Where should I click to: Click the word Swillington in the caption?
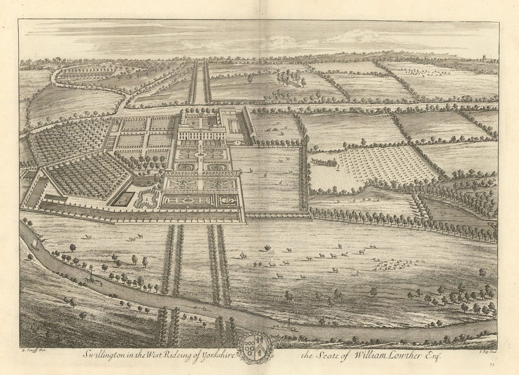pyautogui.click(x=103, y=354)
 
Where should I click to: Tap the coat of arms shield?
pyautogui.click(x=255, y=347)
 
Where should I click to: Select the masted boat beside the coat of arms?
pyautogui.click(x=285, y=325)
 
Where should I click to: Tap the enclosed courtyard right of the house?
pyautogui.click(x=234, y=124)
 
